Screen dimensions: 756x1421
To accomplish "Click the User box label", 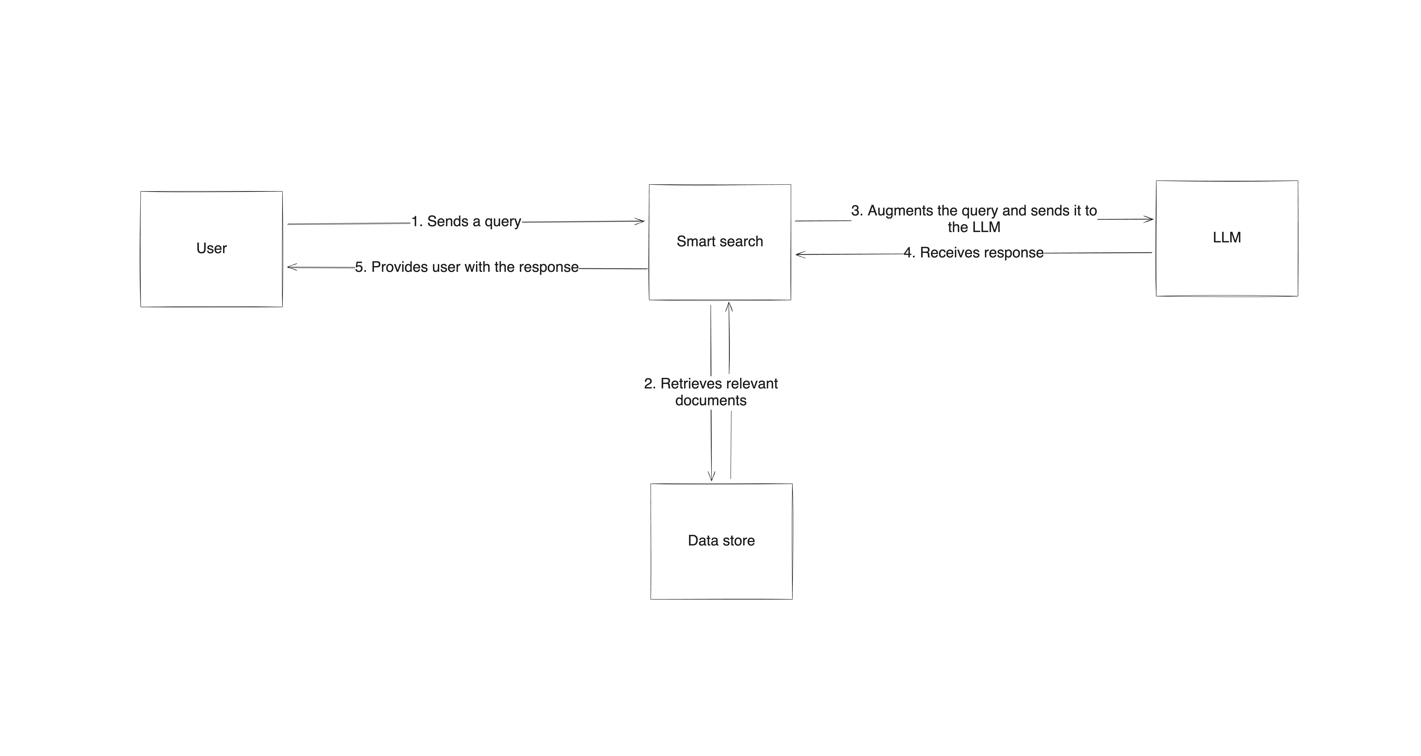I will pyautogui.click(x=211, y=248).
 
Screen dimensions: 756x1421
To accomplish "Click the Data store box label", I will pyautogui.click(x=721, y=540).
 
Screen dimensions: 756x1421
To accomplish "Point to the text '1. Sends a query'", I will pyautogui.click(x=466, y=221).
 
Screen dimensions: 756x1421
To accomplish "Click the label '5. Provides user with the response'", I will pyautogui.click(x=467, y=267).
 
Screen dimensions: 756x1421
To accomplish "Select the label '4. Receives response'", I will pyautogui.click(x=974, y=253).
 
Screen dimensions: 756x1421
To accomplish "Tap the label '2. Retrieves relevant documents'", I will pyautogui.click(x=710, y=392).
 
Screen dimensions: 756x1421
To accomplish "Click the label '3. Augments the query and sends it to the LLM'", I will pyautogui.click(x=974, y=218).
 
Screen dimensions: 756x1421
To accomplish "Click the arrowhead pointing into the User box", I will pyautogui.click(x=291, y=267).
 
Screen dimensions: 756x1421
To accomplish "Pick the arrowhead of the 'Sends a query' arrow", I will pyautogui.click(x=641, y=221).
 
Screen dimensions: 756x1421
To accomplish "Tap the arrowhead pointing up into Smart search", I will pyautogui.click(x=729, y=305).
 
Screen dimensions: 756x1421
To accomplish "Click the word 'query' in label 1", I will pyautogui.click(x=502, y=221).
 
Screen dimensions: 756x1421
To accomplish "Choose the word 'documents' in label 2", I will pyautogui.click(x=710, y=401).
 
